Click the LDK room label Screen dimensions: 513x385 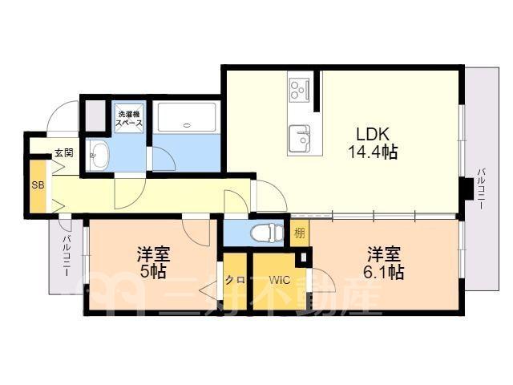(x=373, y=134)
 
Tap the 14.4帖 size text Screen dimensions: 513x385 (x=373, y=152)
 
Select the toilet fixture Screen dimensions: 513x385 (x=267, y=233)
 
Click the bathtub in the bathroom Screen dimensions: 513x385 (x=187, y=117)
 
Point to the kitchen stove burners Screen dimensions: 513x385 (x=299, y=89)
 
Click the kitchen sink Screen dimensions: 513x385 (x=299, y=138)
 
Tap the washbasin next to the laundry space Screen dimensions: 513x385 (x=99, y=155)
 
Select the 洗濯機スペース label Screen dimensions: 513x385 (x=130, y=119)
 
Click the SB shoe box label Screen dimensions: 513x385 (x=38, y=185)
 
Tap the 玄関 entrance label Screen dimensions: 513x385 (x=64, y=153)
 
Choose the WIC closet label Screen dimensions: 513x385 (x=280, y=280)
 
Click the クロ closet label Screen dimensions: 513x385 (x=235, y=280)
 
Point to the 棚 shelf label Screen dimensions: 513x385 (x=300, y=233)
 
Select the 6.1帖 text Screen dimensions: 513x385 (x=384, y=272)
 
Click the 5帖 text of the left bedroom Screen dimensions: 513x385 (x=153, y=271)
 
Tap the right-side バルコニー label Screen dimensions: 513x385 (x=481, y=188)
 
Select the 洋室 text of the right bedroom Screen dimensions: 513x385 (x=384, y=254)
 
